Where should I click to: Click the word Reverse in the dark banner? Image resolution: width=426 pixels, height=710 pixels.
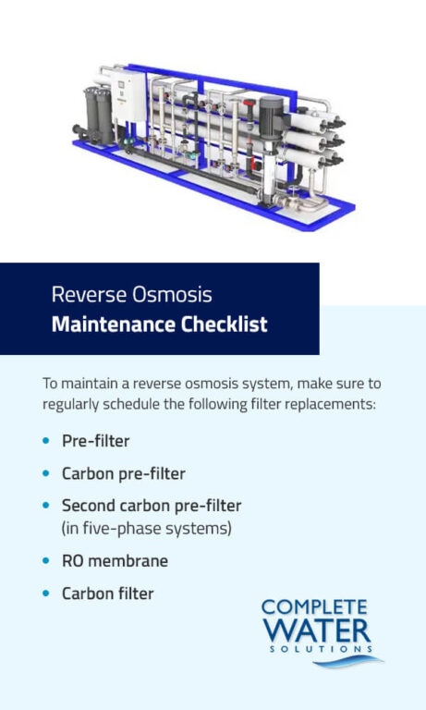coord(84,296)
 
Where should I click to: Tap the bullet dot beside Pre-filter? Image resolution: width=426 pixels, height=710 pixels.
coord(46,441)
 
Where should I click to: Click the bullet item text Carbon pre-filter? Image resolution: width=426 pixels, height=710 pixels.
coord(123,473)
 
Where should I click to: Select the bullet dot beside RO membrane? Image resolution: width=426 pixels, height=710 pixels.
coord(46,561)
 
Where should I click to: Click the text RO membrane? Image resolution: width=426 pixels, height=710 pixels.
coord(115,561)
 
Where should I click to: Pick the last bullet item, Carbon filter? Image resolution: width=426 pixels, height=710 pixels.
coord(107,594)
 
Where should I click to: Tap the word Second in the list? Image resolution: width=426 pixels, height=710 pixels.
coord(90,506)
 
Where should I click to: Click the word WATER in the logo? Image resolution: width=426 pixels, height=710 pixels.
coord(317,633)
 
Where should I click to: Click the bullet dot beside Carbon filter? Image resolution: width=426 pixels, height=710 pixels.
coord(46,594)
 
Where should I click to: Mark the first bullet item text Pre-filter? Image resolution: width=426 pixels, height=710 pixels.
coord(95,441)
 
